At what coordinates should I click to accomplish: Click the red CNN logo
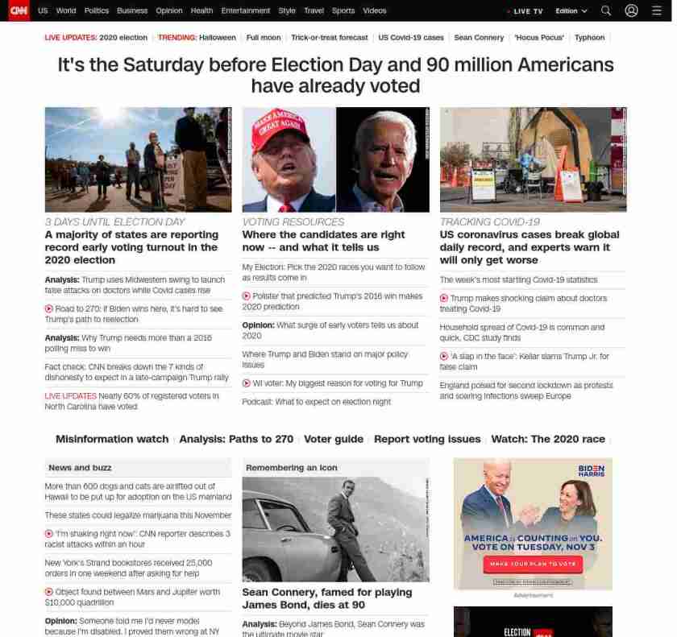pos(19,10)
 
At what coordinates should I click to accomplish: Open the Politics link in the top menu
pos(97,10)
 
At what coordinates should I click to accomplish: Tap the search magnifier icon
pos(606,10)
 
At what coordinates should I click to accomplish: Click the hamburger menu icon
pos(656,10)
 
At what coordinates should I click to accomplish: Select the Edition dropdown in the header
pos(571,10)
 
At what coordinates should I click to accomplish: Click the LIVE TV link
pos(527,11)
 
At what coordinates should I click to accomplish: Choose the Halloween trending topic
pos(218,37)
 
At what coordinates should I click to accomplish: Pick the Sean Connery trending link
pos(479,37)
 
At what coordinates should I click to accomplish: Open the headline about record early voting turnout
pos(131,247)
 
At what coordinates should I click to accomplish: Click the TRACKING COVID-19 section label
pos(489,221)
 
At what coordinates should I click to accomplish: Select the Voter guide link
pos(334,439)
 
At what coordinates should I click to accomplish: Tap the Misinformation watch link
pos(111,439)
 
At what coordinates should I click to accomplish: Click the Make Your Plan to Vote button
pos(533,564)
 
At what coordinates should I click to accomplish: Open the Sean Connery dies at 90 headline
pos(326,598)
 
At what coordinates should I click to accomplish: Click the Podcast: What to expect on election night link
pos(316,401)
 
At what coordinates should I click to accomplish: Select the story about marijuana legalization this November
pos(138,515)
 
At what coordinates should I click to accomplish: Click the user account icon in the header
pos(631,10)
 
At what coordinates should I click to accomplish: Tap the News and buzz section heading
pos(80,467)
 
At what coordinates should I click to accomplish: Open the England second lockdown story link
pos(525,391)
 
